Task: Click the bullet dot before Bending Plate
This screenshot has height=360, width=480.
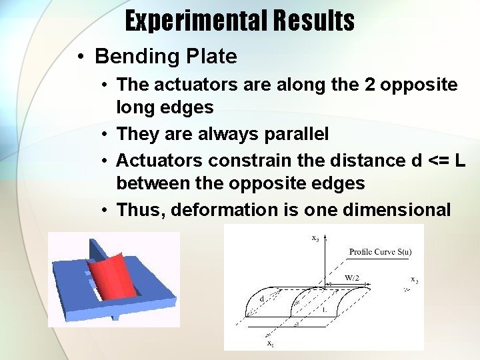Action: (79, 57)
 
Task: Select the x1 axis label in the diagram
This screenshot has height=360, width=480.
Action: (270, 343)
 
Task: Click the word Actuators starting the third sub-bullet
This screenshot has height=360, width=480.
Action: (160, 161)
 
